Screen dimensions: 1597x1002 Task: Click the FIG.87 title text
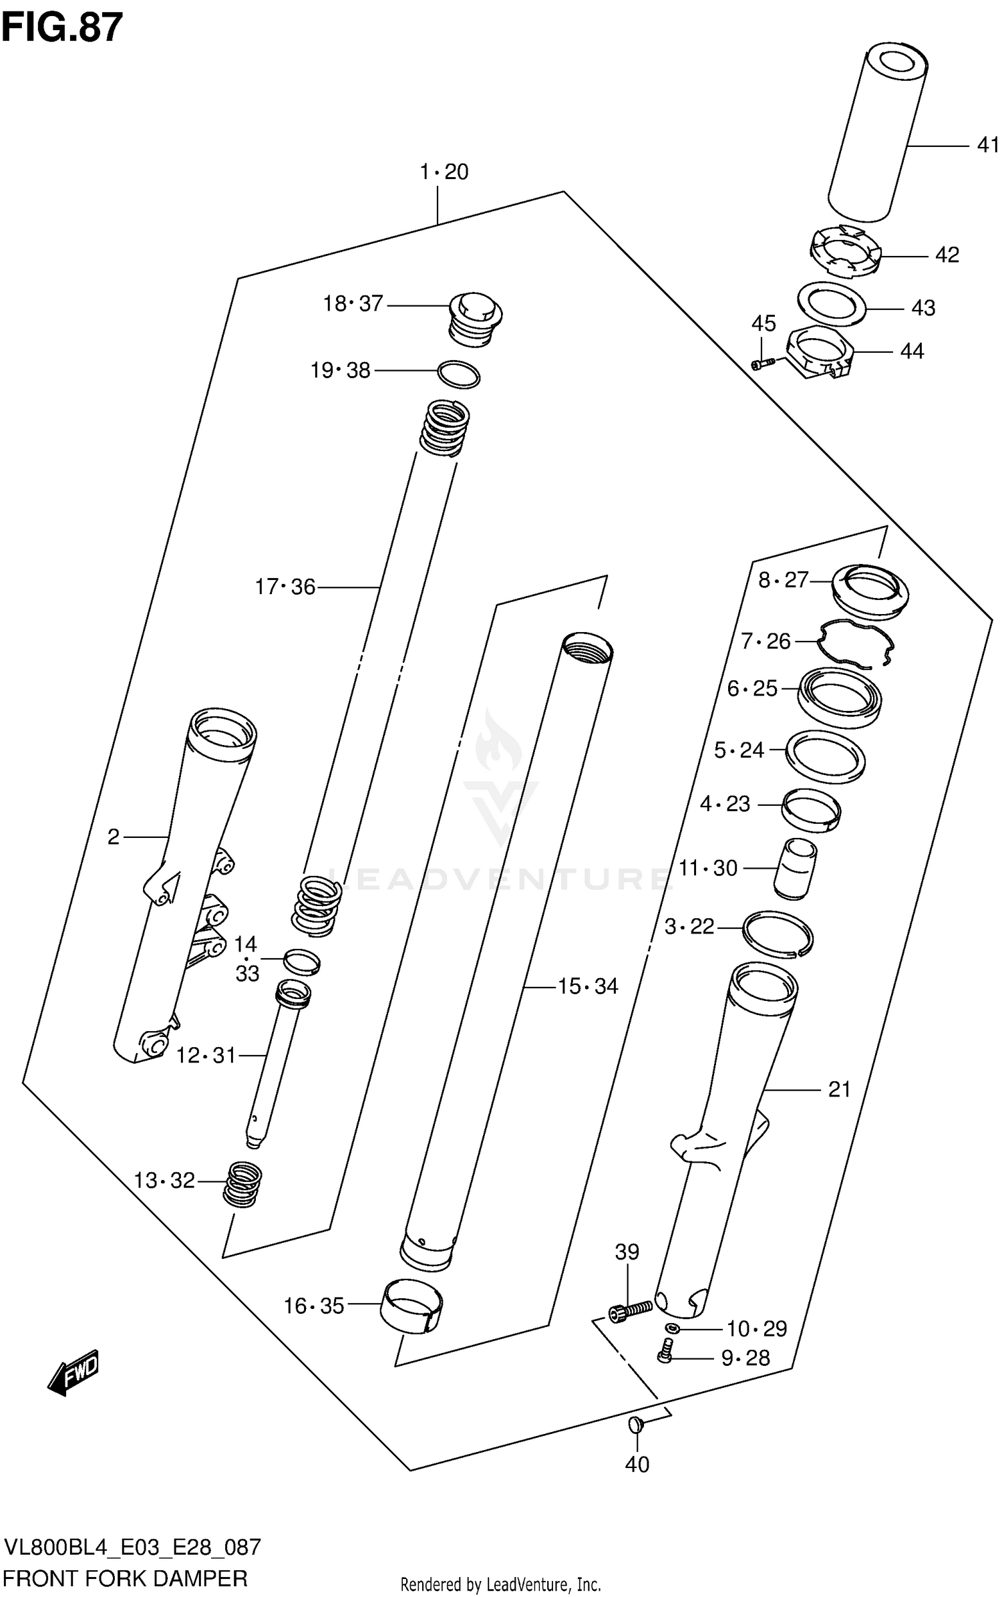tap(62, 27)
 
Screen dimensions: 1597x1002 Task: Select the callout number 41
tap(987, 145)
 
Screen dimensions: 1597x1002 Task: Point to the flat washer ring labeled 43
tap(832, 305)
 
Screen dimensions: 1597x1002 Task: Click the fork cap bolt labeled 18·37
tap(475, 317)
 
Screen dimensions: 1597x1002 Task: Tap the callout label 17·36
tap(285, 587)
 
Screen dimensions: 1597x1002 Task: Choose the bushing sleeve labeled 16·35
tap(412, 1307)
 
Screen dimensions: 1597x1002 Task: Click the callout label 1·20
tap(444, 172)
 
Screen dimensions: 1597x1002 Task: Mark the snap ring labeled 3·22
tap(778, 933)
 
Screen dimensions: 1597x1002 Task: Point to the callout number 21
tap(839, 1090)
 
